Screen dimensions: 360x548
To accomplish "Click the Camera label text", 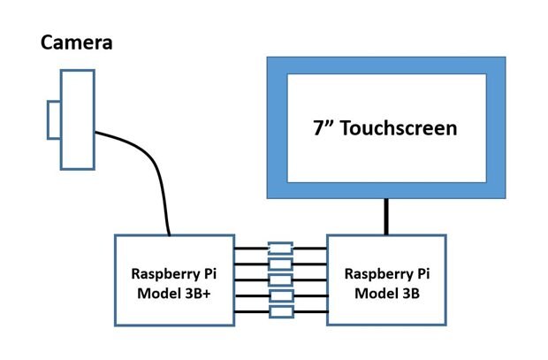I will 76,42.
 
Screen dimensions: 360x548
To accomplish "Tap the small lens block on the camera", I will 54,120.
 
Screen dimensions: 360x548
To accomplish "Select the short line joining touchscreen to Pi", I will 386,217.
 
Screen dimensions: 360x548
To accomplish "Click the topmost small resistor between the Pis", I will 280,248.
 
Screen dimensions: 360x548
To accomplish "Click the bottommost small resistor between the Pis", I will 280,311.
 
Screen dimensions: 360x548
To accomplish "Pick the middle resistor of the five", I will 280,280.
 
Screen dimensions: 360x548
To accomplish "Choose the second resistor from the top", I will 280,264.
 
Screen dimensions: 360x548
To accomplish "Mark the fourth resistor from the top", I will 280,295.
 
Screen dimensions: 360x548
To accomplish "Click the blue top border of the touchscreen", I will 386,65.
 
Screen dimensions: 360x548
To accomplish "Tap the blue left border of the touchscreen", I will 276,128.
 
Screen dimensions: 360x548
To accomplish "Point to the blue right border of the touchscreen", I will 497,128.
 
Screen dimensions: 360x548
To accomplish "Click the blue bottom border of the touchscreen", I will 386,191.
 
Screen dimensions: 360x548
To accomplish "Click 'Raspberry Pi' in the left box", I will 174,272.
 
